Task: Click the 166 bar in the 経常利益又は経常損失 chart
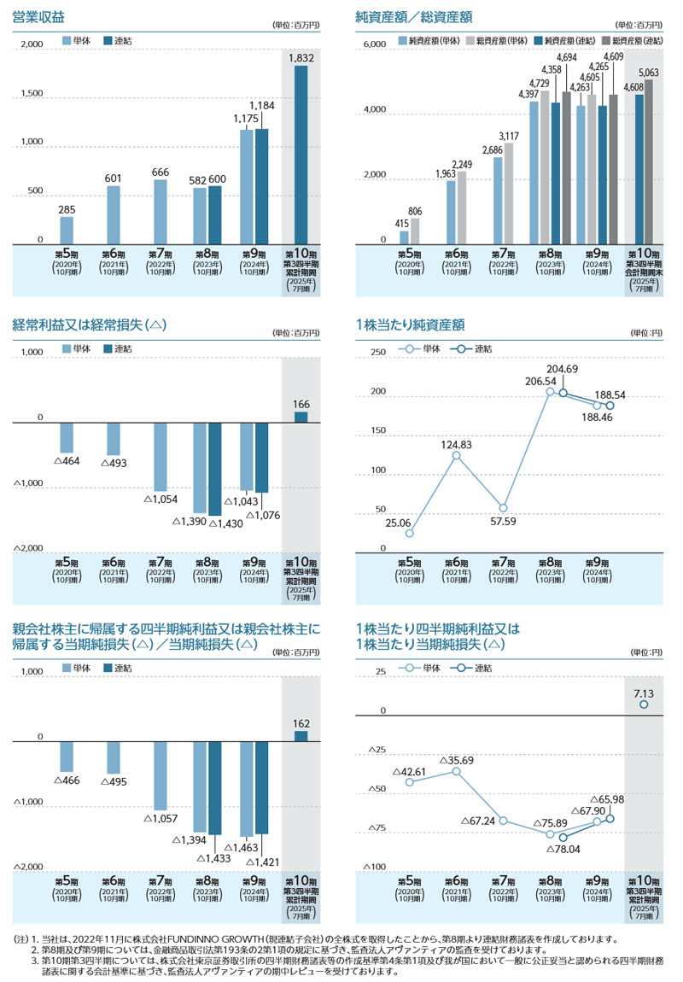[x=301, y=417]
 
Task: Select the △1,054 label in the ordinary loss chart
[x=160, y=499]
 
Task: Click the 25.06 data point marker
[x=409, y=534]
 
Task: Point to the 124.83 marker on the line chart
[x=456, y=455]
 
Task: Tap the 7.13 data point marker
[x=644, y=704]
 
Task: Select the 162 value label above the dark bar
[x=301, y=722]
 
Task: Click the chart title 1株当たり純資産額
[x=410, y=324]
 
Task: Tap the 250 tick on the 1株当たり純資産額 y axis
[x=378, y=352]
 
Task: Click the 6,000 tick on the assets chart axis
[x=375, y=44]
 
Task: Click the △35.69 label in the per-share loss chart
[x=456, y=759]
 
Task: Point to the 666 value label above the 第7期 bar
[x=160, y=172]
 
